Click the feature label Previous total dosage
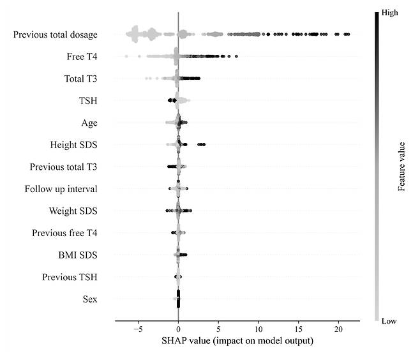[x=55, y=34]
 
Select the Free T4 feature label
[x=82, y=57]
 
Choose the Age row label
[x=89, y=123]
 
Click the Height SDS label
[x=73, y=144]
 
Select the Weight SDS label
[x=73, y=211]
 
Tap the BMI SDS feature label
[x=77, y=255]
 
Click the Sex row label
[x=90, y=299]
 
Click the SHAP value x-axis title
[x=237, y=341]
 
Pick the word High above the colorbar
[x=389, y=11]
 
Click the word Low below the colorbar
[x=389, y=322]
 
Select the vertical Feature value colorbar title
[x=402, y=166]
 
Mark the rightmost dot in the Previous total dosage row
[x=347, y=34]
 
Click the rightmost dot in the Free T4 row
[x=237, y=56]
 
